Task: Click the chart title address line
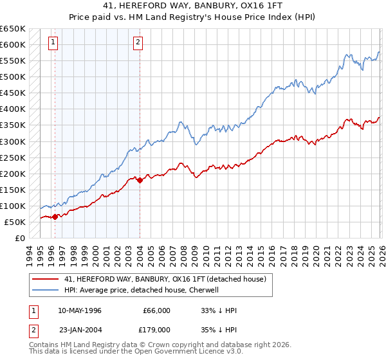pos(192,6)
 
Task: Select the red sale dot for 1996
pos(55,217)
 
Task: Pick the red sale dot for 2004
pos(140,180)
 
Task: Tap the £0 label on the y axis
pos(19,238)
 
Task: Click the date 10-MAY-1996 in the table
pos(80,310)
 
